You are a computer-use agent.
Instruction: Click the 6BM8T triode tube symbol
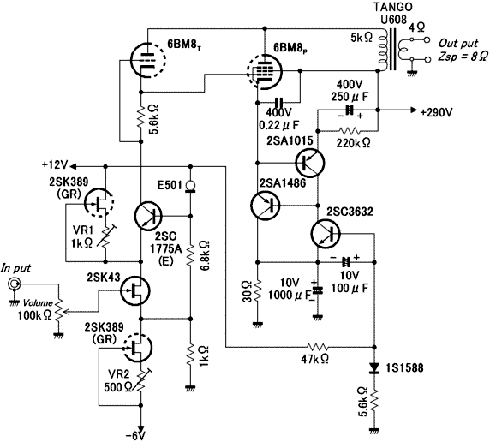[x=146, y=59]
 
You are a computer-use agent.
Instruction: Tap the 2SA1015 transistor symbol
[x=310, y=163]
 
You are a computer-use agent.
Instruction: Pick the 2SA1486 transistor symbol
[x=266, y=205]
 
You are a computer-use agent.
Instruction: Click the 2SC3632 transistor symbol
[x=326, y=233]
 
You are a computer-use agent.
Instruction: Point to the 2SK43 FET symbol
[x=135, y=290]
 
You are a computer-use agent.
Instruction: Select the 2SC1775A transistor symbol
[x=148, y=216]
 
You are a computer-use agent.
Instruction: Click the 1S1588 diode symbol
[x=374, y=368]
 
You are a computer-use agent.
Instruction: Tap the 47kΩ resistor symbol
[x=317, y=347]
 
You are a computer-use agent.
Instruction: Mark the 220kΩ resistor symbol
[x=350, y=130]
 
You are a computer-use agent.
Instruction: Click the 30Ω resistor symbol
[x=258, y=290]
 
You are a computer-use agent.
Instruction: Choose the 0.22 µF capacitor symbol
[x=278, y=102]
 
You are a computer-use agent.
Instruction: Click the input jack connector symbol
[x=14, y=284]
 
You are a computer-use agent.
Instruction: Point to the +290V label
[x=436, y=112]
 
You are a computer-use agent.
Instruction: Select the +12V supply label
[x=56, y=164]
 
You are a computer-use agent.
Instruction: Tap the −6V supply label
[x=136, y=436]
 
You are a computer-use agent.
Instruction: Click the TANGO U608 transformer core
[x=392, y=50]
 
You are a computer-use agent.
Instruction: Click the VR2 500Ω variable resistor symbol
[x=141, y=380]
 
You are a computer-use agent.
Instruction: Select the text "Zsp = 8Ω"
[x=463, y=57]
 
